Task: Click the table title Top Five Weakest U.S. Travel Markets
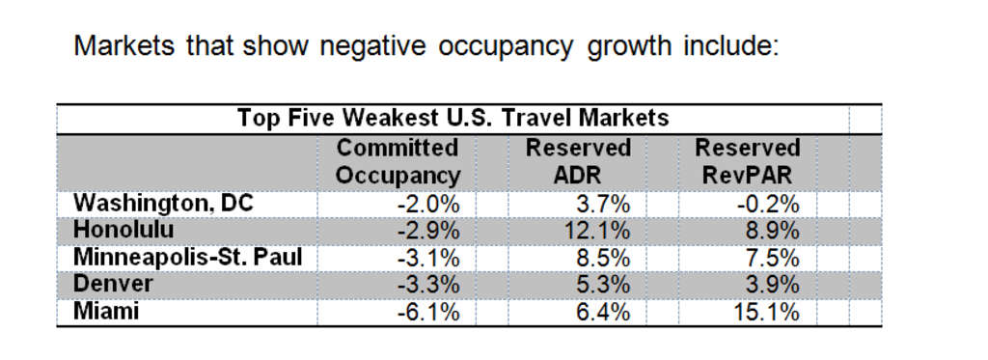coord(453,119)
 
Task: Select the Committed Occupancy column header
coord(398,162)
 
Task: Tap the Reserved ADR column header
coord(578,162)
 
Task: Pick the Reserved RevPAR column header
coord(748,162)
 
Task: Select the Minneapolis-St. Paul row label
coord(187,258)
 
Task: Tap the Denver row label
coord(113,285)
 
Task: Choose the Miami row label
coord(106,312)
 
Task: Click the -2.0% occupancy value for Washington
coord(427,204)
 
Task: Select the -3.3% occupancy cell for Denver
coord(427,285)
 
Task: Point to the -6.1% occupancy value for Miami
coord(427,312)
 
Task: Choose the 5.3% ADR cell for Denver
coord(605,285)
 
